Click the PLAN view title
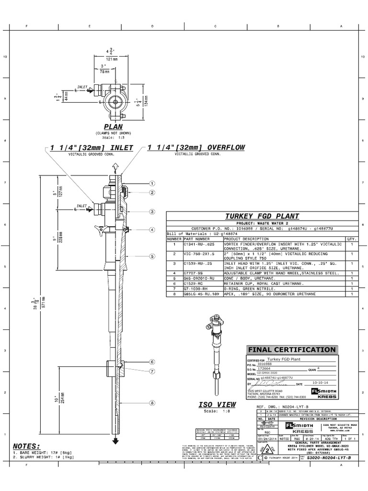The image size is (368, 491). tap(114, 126)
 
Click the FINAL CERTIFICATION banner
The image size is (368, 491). tap(291, 350)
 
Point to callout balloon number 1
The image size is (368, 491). tap(152, 183)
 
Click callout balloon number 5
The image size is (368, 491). tap(152, 256)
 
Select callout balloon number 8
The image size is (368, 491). tap(152, 390)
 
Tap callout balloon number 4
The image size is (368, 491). tap(152, 230)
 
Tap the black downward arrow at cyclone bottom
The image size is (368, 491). tap(115, 441)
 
